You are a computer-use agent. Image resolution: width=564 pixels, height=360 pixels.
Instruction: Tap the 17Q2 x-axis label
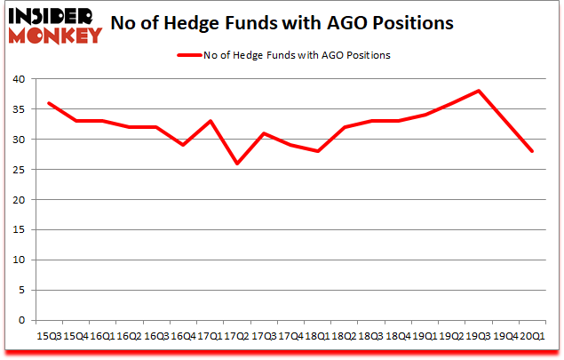[235, 336]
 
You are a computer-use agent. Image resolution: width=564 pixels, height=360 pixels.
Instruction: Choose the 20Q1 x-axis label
[532, 336]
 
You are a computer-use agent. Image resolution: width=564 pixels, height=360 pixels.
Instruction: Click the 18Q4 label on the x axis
[397, 336]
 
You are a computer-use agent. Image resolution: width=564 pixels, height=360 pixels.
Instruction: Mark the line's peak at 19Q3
[479, 91]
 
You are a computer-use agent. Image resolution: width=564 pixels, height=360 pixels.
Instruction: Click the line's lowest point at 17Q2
[235, 164]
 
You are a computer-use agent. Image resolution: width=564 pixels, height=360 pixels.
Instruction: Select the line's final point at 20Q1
[532, 151]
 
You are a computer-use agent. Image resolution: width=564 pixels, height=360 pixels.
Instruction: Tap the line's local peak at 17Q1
[209, 121]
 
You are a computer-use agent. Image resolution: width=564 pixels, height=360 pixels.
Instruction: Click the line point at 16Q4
[182, 145]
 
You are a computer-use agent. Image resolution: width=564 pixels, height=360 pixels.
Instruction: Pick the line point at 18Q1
[316, 151]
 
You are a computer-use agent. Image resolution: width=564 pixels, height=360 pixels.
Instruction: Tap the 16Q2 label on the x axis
[128, 336]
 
